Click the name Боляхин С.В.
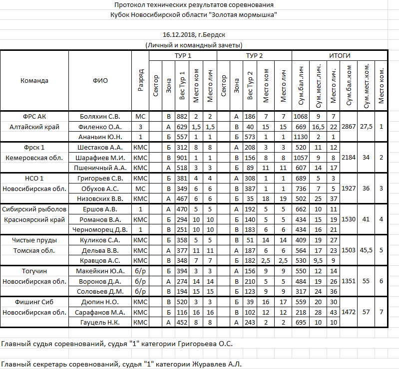(100, 116)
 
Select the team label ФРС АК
(34, 116)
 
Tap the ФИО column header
(100, 80)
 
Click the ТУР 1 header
(183, 55)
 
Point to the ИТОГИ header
(340, 55)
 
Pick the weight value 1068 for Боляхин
(301, 116)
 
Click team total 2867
(348, 127)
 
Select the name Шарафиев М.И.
(100, 158)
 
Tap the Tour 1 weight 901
(182, 158)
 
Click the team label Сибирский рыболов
(34, 209)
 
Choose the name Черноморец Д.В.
(100, 229)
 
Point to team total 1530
(348, 219)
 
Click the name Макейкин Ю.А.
(100, 271)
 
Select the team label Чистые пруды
(34, 240)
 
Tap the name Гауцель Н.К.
(100, 322)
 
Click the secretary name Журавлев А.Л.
(217, 364)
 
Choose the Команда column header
(34, 80)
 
